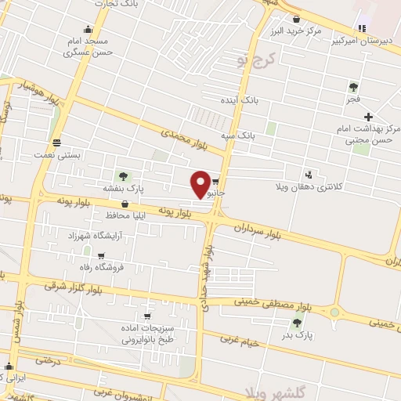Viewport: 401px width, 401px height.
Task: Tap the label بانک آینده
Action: pos(239,102)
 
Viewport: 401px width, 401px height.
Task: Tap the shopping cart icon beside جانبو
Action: pos(215,179)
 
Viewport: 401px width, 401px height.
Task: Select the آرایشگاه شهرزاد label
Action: pos(94,235)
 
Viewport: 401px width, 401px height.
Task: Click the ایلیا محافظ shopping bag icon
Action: pos(125,204)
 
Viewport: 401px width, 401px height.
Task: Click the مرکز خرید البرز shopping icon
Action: pos(296,19)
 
